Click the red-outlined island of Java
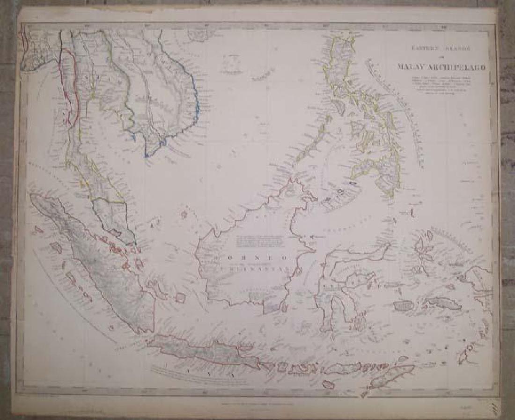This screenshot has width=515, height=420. point(206,354)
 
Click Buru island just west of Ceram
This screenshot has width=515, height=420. point(402,306)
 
